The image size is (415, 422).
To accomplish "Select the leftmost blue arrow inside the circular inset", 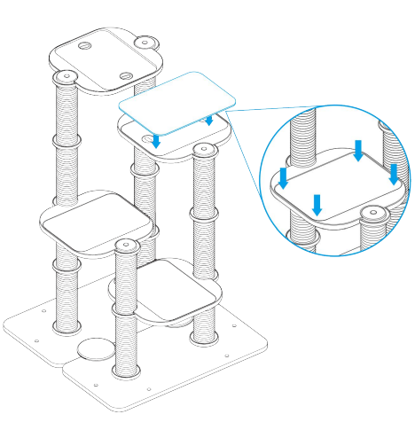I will (284, 176).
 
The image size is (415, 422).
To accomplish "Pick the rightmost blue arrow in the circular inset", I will (394, 173).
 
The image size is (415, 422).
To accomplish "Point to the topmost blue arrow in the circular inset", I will (359, 150).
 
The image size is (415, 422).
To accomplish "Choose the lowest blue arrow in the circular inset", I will (318, 206).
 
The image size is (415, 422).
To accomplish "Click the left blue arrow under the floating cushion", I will (156, 141).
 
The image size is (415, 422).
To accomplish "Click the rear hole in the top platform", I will (85, 44).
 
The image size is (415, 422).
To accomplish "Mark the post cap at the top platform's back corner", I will (146, 41).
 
